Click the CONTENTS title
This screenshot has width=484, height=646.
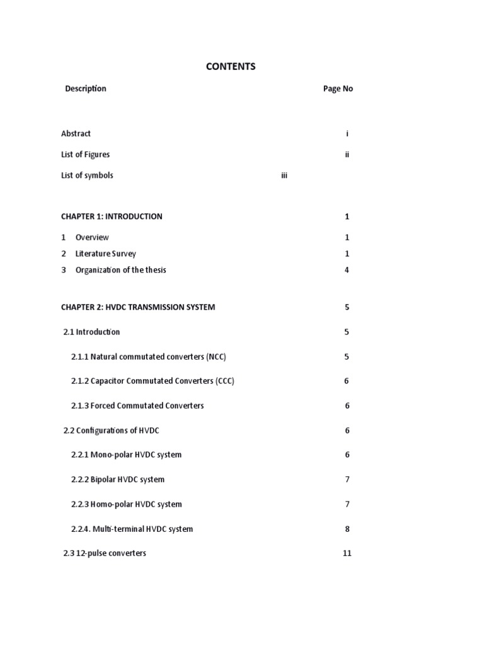click(x=231, y=66)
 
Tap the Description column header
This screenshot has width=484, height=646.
click(x=86, y=88)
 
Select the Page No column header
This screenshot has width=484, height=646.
click(x=338, y=89)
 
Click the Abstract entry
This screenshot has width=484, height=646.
click(x=76, y=133)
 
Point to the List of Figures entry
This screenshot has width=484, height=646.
click(x=85, y=155)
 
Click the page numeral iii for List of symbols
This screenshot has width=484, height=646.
click(x=284, y=175)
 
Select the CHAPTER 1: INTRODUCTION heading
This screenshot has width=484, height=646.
click(x=112, y=216)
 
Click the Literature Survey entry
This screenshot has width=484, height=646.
click(x=105, y=254)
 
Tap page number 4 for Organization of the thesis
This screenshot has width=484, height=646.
click(x=347, y=270)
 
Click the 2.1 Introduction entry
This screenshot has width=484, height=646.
click(x=92, y=332)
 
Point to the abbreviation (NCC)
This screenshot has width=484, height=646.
click(x=216, y=356)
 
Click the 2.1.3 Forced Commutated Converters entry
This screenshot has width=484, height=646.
click(x=137, y=406)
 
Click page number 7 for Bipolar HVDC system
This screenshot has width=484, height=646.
click(x=347, y=479)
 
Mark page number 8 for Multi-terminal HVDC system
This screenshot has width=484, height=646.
click(x=347, y=529)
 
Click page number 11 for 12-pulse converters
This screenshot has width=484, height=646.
click(x=347, y=553)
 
